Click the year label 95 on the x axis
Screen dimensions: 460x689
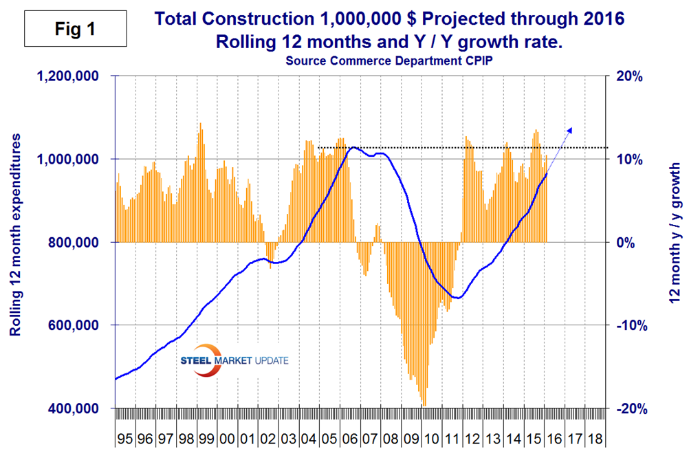coord(125,439)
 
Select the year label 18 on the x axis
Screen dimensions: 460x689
coord(596,439)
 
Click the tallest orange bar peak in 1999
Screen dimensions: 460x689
coord(200,124)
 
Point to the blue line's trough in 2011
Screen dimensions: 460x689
coord(458,298)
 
